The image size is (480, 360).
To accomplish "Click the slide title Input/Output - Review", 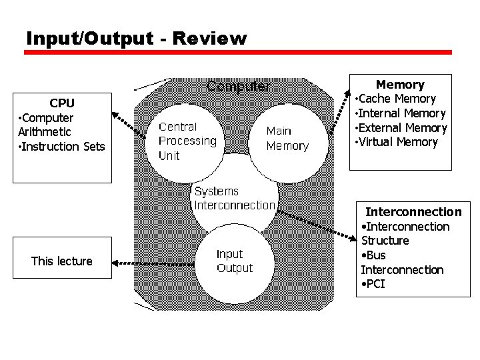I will coord(136,39).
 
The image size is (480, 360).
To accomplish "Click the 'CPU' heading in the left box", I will coord(62,103).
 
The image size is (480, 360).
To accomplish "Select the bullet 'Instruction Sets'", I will coord(63,147).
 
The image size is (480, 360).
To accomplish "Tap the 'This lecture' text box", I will coord(62,261).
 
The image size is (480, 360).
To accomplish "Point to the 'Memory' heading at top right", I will coord(400,85).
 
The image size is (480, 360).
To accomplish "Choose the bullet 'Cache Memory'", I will coord(397,99).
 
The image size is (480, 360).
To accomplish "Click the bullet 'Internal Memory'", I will coord(401,113).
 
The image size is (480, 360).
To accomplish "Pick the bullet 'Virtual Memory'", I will coord(398,142).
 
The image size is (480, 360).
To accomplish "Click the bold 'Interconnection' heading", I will coord(413,212).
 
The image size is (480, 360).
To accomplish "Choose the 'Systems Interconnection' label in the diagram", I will coord(234,199).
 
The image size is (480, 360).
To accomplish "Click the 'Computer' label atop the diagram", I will coord(238,87).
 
